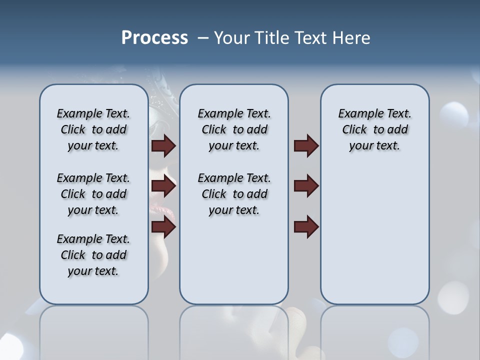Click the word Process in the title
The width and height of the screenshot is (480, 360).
(154, 37)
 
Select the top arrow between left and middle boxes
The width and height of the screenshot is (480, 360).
(163, 145)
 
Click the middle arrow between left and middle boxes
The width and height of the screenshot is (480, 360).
(163, 186)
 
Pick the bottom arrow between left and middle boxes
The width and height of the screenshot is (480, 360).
(163, 227)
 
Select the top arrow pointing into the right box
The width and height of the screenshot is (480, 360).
(306, 145)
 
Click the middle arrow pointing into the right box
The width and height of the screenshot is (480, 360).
(306, 186)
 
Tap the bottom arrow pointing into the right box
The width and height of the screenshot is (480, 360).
(306, 227)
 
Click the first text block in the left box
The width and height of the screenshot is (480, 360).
(93, 129)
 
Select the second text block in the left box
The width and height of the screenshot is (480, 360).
(93, 194)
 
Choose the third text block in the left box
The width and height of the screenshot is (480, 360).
(93, 255)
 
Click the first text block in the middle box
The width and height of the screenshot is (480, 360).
(234, 129)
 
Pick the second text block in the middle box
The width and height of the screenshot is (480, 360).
(234, 194)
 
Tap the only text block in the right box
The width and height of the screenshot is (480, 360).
(374, 129)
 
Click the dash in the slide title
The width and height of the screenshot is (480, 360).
(203, 37)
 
